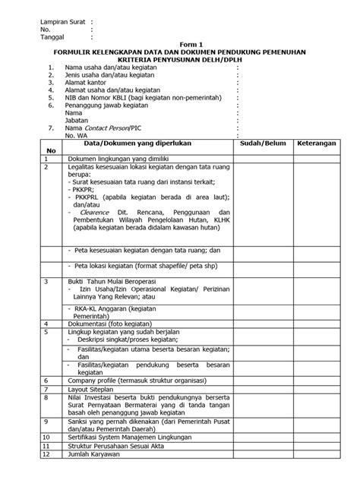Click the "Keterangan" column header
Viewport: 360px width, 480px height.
(x=318, y=142)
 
